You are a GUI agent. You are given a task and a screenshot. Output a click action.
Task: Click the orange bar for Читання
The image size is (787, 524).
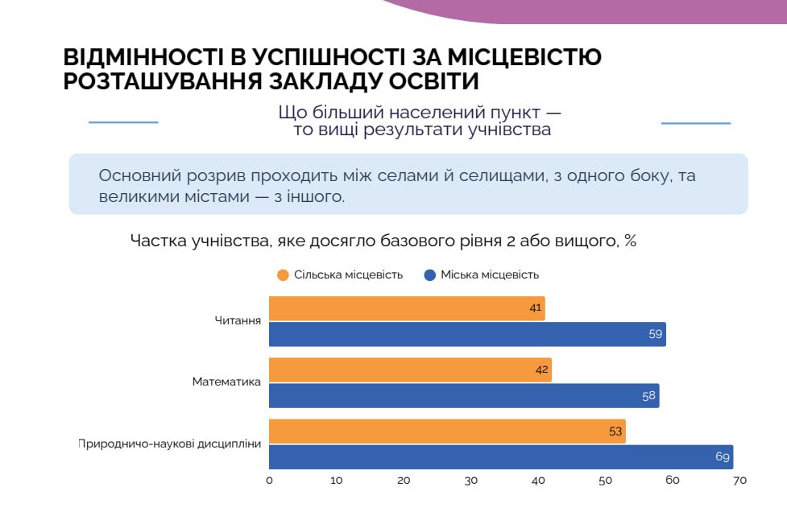407,308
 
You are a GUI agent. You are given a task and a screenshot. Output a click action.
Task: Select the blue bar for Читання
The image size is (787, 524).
467,334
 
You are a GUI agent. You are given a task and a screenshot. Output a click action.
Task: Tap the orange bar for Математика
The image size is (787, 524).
410,370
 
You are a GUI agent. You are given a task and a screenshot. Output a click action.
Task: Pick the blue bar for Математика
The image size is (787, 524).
464,396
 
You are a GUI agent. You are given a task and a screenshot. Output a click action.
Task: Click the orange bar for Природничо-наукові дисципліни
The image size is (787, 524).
447,431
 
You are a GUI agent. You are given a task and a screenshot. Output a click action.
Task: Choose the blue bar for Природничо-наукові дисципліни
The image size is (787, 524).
501,457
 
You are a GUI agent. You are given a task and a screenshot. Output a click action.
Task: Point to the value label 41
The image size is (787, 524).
536,307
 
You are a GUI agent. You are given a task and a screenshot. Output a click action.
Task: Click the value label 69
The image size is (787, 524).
723,456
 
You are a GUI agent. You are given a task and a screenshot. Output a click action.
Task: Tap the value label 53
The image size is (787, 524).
615,431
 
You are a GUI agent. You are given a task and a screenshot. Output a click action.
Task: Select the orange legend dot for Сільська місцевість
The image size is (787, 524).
283,275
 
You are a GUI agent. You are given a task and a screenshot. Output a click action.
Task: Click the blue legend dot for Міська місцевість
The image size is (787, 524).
429,275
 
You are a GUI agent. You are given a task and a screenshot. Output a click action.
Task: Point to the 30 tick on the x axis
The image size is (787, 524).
470,481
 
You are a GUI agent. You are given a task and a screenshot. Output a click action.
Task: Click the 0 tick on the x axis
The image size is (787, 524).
270,481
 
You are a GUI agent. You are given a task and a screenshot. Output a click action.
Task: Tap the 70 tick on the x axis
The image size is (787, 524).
739,481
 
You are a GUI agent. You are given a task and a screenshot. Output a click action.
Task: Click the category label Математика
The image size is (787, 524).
226,382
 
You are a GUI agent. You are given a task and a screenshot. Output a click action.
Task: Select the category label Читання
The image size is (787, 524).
238,320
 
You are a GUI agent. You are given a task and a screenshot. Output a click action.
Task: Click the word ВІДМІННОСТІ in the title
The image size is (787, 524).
143,57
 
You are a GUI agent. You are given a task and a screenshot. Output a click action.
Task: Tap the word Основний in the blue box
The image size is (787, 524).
139,175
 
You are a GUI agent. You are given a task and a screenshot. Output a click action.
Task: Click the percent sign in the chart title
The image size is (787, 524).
631,241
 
